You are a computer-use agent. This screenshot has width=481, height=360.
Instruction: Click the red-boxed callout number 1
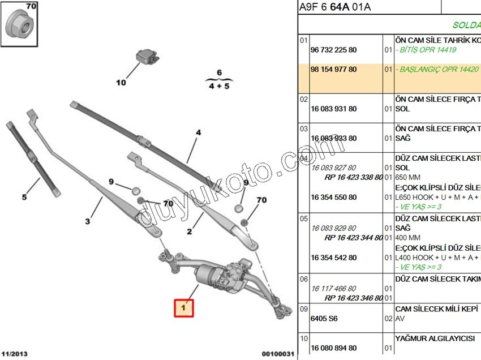click(x=184, y=308)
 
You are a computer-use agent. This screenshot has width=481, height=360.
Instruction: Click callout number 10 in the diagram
click(x=121, y=83)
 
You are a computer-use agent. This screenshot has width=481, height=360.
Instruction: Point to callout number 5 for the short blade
click(x=24, y=197)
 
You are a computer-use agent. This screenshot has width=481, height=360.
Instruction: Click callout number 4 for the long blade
click(x=198, y=133)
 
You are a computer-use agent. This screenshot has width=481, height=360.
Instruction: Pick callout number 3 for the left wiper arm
click(x=88, y=221)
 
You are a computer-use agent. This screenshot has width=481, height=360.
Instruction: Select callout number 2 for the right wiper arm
click(x=190, y=231)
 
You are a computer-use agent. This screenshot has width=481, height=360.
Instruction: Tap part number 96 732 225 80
click(x=333, y=50)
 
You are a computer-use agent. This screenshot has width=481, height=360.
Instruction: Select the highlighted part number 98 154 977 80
click(x=333, y=70)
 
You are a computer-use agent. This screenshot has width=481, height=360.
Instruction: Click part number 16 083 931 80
click(x=333, y=109)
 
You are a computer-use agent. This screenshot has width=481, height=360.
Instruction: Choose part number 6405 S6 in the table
click(x=324, y=319)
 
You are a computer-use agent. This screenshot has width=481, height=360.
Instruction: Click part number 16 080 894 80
click(x=333, y=348)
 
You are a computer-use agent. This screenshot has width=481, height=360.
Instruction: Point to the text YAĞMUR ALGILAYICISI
click(x=435, y=338)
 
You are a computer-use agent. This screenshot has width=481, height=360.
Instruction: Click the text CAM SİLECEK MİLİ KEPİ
click(x=437, y=308)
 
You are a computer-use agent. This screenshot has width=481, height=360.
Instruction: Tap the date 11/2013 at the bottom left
click(x=15, y=353)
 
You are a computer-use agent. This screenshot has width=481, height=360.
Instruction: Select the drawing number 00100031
click(x=278, y=354)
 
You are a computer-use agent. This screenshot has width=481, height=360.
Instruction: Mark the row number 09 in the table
click(x=303, y=309)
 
